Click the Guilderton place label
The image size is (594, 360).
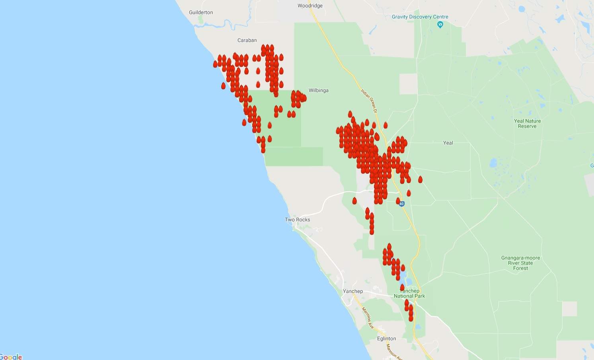201,12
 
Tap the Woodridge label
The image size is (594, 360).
310,6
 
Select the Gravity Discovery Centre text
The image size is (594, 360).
420,17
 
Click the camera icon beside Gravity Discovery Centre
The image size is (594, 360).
440,25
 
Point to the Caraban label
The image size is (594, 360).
247,40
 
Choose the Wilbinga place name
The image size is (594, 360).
318,90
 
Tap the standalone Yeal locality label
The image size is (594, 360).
448,143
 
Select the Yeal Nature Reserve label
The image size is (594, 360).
527,124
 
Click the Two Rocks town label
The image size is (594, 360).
297,220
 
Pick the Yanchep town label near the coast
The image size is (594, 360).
353,291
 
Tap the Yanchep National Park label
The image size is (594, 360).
409,294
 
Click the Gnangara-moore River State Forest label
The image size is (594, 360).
520,263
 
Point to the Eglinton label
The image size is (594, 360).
386,339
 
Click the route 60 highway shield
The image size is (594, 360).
402,204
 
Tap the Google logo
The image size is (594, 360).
11,356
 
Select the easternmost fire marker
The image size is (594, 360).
420,179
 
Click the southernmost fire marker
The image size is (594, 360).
411,318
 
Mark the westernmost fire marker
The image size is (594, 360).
215,64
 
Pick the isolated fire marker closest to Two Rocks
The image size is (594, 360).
354,201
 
